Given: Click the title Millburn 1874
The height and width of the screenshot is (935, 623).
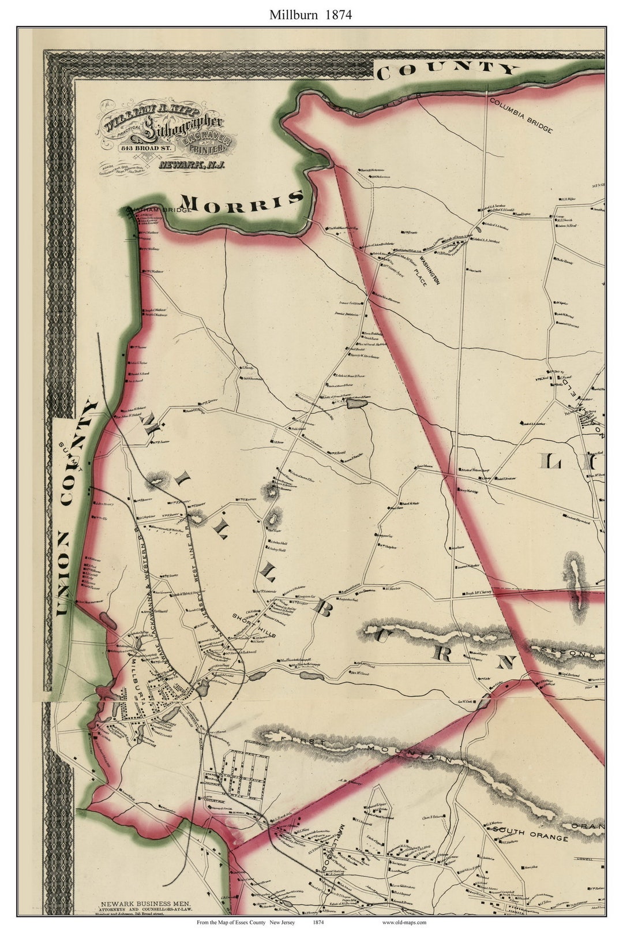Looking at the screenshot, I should click(310, 14).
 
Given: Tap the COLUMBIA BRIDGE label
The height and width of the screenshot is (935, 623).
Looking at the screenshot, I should click(520, 115).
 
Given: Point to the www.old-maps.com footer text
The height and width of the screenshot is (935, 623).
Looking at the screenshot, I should click(404, 923).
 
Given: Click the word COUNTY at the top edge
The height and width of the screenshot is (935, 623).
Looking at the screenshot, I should click(447, 69).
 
